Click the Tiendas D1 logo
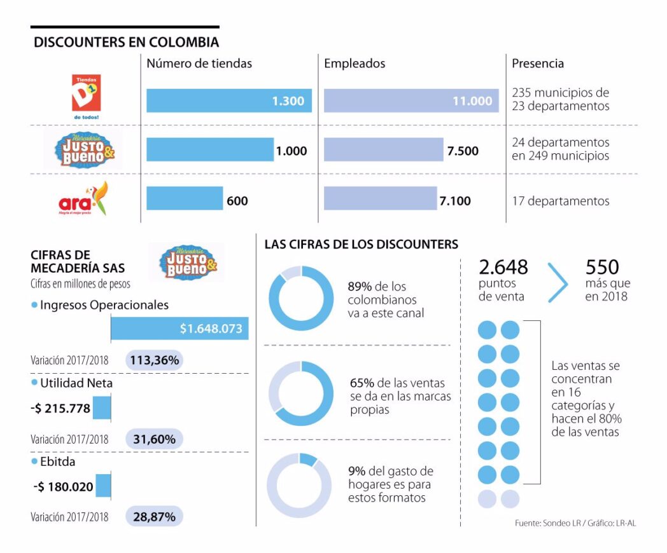(85, 96)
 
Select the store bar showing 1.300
(228, 100)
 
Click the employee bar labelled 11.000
(411, 100)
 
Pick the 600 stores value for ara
(237, 201)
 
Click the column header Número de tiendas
(199, 64)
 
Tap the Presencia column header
(537, 64)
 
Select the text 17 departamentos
(560, 201)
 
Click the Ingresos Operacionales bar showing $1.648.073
(179, 329)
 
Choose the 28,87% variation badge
(154, 517)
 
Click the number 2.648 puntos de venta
(503, 267)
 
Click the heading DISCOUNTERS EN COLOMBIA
(126, 43)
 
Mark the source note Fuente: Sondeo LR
(575, 523)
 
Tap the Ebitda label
(57, 461)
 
